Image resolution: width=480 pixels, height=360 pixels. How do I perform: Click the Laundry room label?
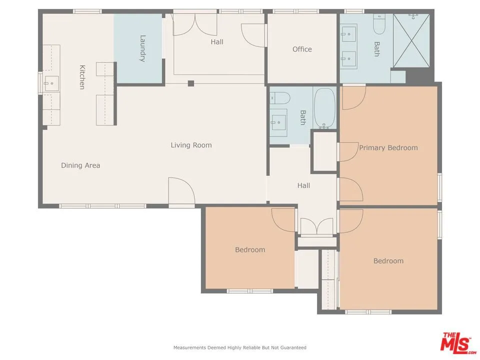pyautogui.click(x=142, y=48)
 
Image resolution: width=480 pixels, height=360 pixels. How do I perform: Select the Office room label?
pyautogui.click(x=302, y=49)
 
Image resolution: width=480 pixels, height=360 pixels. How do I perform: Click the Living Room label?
pyautogui.click(x=191, y=145)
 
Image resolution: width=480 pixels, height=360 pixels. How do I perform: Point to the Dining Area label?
pyautogui.click(x=80, y=165)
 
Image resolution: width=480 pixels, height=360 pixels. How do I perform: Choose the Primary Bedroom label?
pyautogui.click(x=388, y=147)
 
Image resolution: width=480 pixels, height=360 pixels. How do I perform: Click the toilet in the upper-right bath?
pyautogui.click(x=379, y=24)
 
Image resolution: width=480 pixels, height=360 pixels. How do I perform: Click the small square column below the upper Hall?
pyautogui.click(x=191, y=83)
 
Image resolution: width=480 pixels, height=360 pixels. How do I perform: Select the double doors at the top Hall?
pyautogui.click(x=196, y=24)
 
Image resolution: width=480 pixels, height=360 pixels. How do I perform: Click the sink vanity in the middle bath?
pyautogui.click(x=278, y=120)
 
